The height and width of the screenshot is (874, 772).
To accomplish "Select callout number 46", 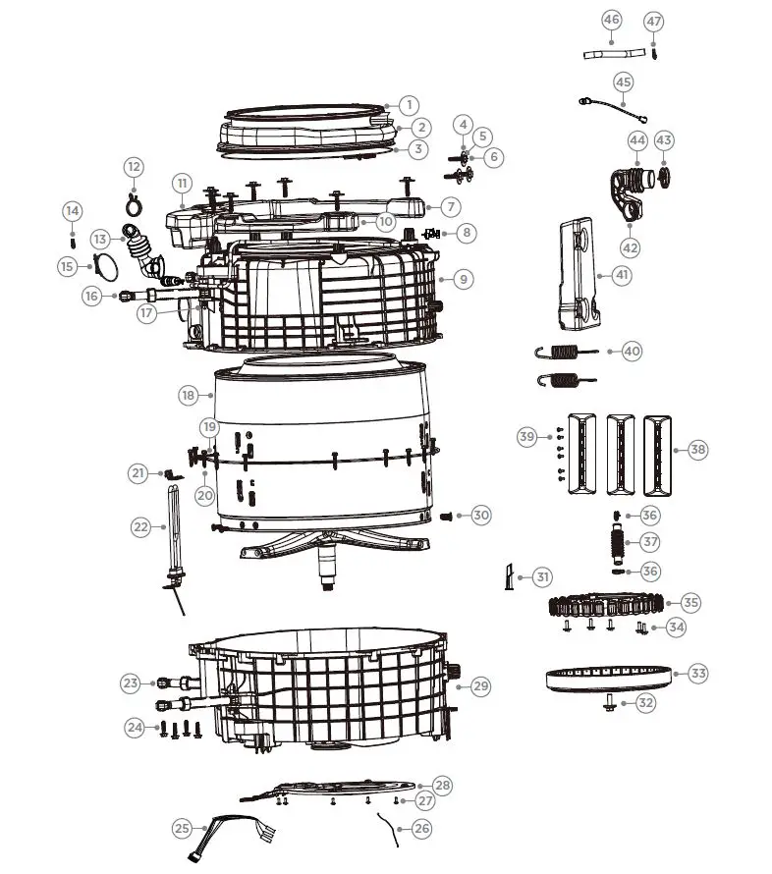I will (611, 21).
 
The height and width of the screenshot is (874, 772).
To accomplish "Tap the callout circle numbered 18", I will (190, 395).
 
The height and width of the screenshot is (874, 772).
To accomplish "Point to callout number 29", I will (480, 685).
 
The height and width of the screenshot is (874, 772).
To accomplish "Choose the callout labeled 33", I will (697, 674).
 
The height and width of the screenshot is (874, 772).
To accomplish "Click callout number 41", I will (621, 275).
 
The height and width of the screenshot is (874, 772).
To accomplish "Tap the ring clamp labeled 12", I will (134, 202).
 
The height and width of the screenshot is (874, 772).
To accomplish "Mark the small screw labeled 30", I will (447, 516).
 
